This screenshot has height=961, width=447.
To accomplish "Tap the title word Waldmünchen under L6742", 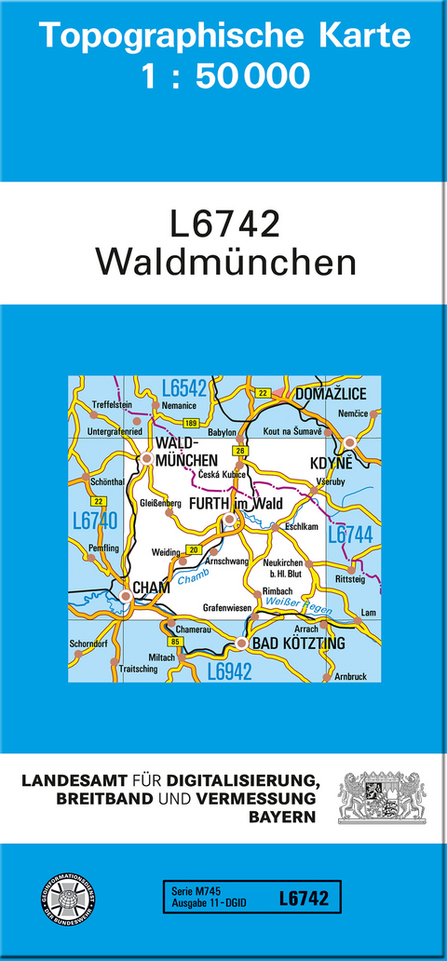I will (x=225, y=262).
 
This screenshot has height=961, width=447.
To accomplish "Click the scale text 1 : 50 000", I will (x=225, y=76).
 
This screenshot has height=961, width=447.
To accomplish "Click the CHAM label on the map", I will (x=152, y=587).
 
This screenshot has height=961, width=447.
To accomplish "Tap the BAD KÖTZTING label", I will (x=297, y=643).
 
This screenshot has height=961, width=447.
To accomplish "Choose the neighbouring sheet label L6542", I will (x=183, y=388).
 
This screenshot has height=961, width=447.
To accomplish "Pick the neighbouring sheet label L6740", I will (x=94, y=520).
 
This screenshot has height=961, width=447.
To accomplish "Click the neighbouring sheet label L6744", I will (x=350, y=534).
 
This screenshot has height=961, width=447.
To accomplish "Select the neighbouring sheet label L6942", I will (x=229, y=670).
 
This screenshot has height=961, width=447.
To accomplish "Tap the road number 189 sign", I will (x=190, y=424).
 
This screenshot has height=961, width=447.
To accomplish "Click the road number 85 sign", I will (x=174, y=642).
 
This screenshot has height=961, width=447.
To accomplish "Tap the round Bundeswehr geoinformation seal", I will (x=67, y=899).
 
